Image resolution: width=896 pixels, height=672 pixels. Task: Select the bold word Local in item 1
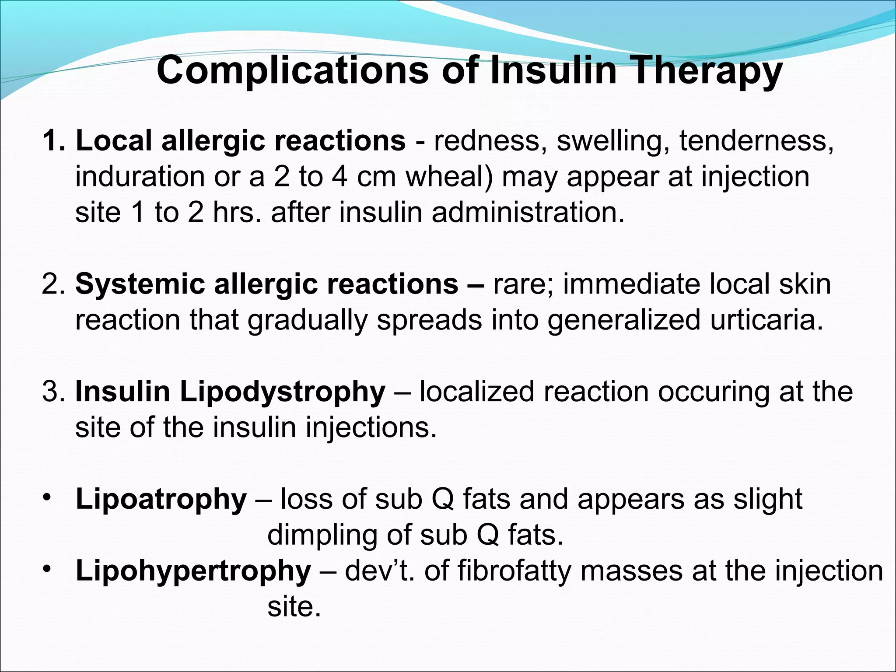point(114,141)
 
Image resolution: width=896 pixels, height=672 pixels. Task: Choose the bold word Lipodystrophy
point(282,392)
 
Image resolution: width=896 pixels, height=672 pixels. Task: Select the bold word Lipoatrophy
point(161,500)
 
